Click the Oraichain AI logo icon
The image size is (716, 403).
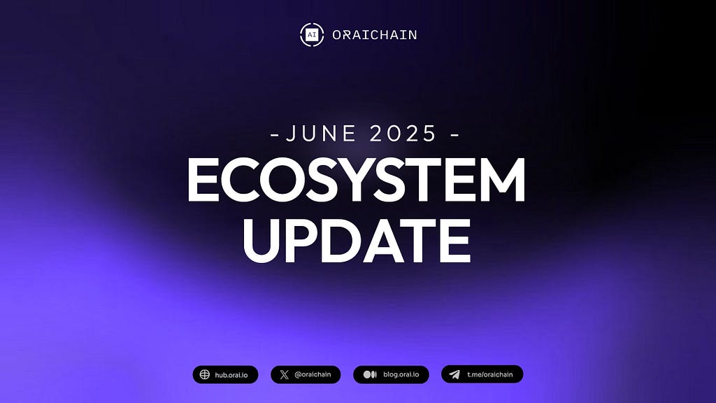312,35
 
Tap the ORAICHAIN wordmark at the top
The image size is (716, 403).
375,35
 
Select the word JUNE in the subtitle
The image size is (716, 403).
320,134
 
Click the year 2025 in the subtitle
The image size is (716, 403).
403,134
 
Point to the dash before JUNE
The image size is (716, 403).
274,135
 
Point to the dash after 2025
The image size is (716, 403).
454,135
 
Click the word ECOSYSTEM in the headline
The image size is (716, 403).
357,180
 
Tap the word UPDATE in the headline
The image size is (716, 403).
357,240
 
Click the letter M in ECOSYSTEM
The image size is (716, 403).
501,180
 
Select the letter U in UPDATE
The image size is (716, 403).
262,241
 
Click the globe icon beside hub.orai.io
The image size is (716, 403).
205,375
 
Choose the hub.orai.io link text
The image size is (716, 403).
231,375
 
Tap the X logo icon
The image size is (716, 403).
284,375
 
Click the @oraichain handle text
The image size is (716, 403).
313,375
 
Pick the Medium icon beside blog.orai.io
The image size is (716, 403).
370,375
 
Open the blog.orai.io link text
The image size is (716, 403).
401,375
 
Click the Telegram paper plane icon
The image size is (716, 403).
454,375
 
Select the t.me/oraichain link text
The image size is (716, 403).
490,375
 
